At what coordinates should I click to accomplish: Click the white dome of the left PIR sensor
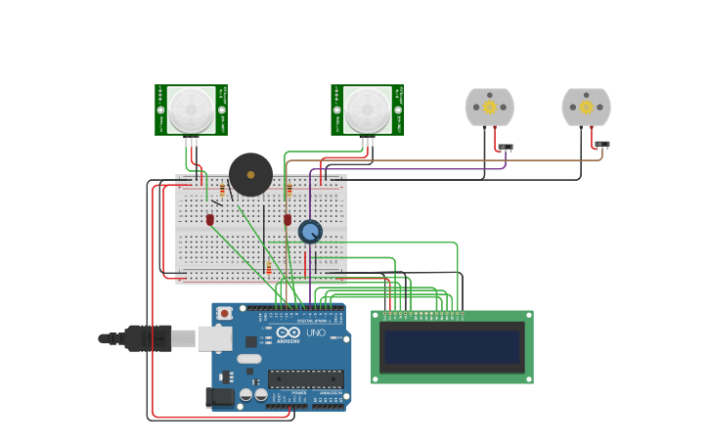(x=191, y=110)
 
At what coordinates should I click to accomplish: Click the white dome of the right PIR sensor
(x=367, y=110)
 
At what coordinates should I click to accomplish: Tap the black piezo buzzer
(x=250, y=174)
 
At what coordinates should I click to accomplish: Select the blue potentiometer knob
(x=310, y=232)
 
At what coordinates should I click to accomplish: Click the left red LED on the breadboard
(x=210, y=220)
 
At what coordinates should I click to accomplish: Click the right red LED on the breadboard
(x=288, y=220)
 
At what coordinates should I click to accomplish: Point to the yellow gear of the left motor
(x=489, y=107)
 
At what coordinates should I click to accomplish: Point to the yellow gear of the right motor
(x=586, y=107)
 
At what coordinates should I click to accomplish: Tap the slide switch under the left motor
(x=505, y=148)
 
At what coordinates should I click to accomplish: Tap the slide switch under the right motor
(x=601, y=145)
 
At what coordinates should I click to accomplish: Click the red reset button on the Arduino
(x=225, y=314)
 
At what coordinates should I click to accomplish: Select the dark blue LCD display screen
(x=452, y=346)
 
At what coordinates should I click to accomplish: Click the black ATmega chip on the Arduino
(x=305, y=378)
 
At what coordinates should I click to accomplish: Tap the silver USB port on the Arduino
(x=214, y=338)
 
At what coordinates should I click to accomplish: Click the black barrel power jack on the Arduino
(x=219, y=396)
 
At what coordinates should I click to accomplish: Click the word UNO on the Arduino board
(x=316, y=332)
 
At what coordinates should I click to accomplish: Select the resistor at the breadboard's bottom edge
(x=269, y=269)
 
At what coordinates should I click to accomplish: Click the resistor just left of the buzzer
(x=223, y=190)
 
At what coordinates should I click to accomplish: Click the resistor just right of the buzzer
(x=288, y=190)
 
